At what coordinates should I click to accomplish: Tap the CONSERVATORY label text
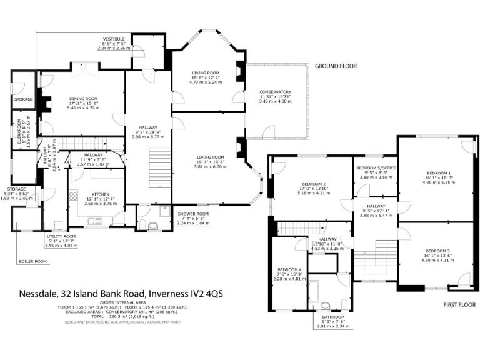coord(276,91)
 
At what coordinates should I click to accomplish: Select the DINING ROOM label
coord(83,98)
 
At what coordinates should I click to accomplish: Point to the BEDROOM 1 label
coord(438,172)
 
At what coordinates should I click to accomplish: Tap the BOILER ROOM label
coord(32,261)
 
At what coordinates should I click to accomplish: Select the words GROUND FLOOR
coord(336,66)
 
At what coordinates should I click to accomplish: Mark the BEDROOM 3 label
coord(438,251)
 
